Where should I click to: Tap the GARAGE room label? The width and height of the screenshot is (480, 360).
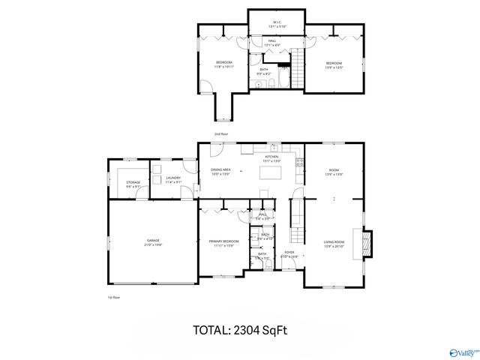click(153, 242)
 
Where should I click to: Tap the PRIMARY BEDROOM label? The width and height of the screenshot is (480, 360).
click(223, 242)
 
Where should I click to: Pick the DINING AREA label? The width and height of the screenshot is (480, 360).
click(220, 171)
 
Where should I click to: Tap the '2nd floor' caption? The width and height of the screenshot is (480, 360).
click(220, 133)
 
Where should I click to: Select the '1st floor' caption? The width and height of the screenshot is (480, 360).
click(113, 297)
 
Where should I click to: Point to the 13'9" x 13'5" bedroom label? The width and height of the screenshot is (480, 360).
click(334, 64)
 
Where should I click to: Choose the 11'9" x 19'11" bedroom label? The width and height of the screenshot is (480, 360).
click(224, 64)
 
